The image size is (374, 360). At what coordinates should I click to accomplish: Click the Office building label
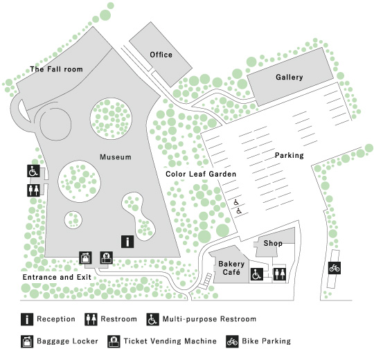pyautogui.click(x=161, y=55)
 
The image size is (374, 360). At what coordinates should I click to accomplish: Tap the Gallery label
pyautogui.click(x=290, y=77)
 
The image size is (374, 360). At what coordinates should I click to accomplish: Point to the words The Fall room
pyautogui.click(x=57, y=69)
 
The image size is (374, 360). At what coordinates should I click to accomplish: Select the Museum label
pyautogui.click(x=116, y=157)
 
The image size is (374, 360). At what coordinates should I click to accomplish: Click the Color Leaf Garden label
pyautogui.click(x=201, y=174)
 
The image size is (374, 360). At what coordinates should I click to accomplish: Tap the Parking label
pyautogui.click(x=290, y=155)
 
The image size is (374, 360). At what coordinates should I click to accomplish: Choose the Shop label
pyautogui.click(x=273, y=243)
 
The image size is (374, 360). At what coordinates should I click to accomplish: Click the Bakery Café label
pyautogui.click(x=231, y=268)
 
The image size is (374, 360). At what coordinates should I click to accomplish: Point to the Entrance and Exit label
pyautogui.click(x=57, y=277)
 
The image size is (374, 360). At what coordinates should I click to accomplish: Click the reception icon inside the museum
pyautogui.click(x=127, y=242)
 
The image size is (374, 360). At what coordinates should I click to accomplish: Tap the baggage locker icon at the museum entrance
pyautogui.click(x=85, y=258)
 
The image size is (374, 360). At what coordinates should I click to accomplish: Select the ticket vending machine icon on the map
pyautogui.click(x=107, y=258)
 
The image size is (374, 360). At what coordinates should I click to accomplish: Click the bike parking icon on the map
pyautogui.click(x=335, y=268)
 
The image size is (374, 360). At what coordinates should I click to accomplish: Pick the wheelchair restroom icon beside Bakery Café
pyautogui.click(x=257, y=274)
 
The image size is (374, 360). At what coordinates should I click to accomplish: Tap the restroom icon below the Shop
pyautogui.click(x=279, y=274)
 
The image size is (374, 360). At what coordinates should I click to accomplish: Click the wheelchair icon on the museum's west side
pyautogui.click(x=33, y=171)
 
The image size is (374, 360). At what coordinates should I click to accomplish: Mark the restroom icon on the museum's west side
pyautogui.click(x=33, y=190)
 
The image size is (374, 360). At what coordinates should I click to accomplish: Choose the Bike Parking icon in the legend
pyautogui.click(x=232, y=341)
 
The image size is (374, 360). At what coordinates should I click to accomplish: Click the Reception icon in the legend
pyautogui.click(x=27, y=319)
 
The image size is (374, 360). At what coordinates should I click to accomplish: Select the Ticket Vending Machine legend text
pyautogui.click(x=170, y=341)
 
